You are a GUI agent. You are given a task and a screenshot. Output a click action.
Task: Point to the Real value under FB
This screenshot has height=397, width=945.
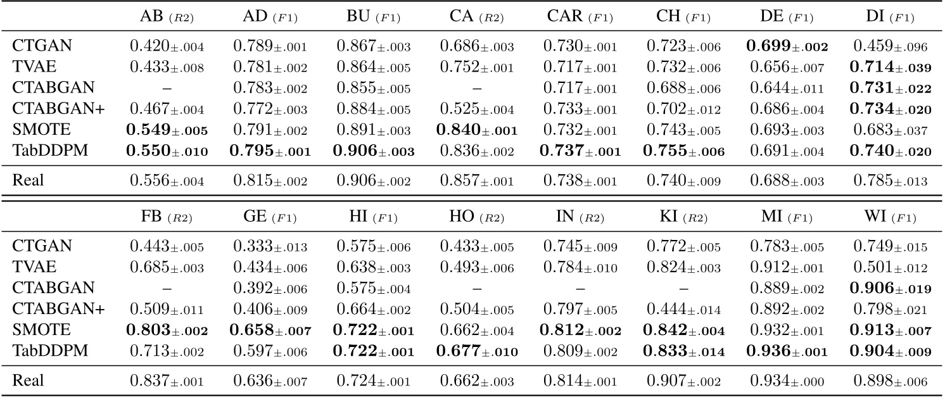click(165, 382)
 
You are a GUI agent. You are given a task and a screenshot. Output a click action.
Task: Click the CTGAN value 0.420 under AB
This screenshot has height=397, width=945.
click(165, 46)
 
